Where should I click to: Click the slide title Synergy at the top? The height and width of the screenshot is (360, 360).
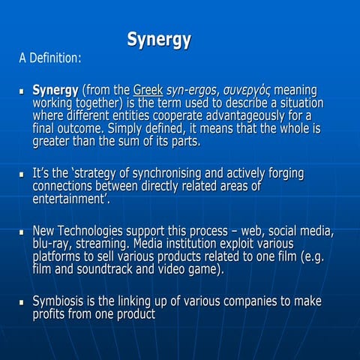tap(158, 40)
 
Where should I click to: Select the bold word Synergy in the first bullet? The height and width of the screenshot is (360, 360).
tap(55, 90)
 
